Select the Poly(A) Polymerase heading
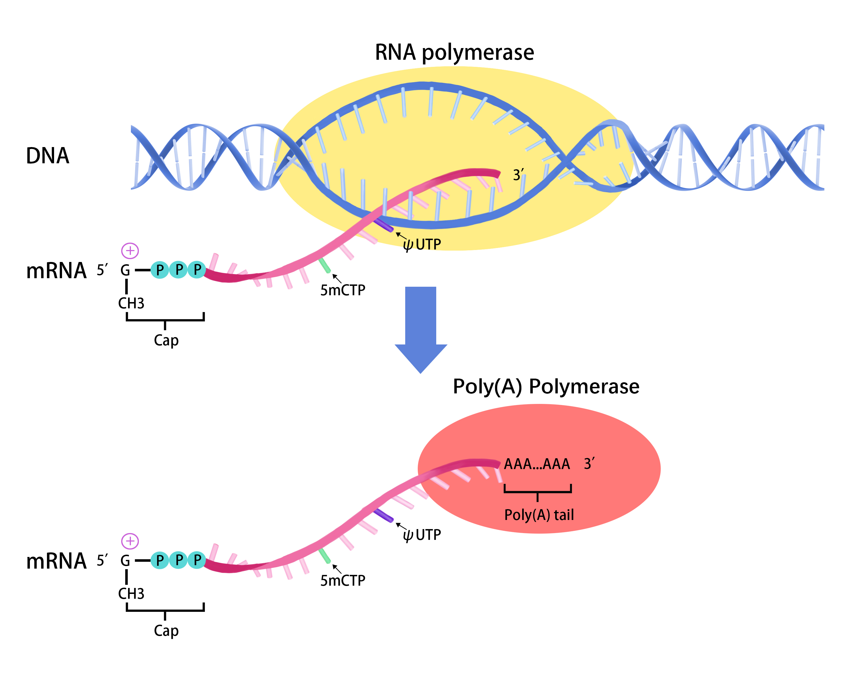click(x=546, y=387)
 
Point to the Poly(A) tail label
click(x=539, y=515)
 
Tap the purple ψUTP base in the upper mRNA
click(x=384, y=225)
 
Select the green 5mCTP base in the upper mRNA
click(x=324, y=265)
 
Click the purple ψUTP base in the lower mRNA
click(x=384, y=516)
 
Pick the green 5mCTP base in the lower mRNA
click(x=324, y=556)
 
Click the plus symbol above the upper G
click(x=130, y=251)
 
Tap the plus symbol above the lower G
click(x=130, y=541)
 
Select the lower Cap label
click(x=166, y=631)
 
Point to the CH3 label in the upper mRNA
click(x=131, y=303)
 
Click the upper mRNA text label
click(x=56, y=271)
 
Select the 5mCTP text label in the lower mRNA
click(x=343, y=581)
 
